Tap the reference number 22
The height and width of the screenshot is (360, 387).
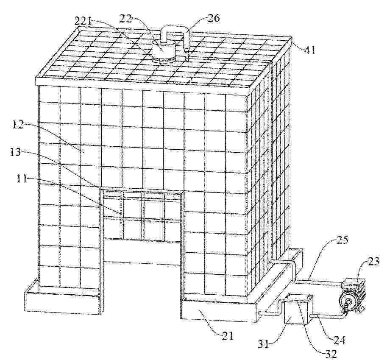[126, 19]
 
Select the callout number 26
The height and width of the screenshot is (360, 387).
[213, 19]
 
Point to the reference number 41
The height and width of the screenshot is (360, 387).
[310, 50]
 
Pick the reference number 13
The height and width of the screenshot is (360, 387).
[15, 152]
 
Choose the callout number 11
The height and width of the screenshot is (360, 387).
[22, 179]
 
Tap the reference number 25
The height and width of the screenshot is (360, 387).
[342, 240]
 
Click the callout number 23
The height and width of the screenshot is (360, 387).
[373, 261]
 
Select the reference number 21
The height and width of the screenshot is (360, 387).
[227, 336]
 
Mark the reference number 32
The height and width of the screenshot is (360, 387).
[331, 354]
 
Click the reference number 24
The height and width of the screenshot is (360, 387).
[340, 340]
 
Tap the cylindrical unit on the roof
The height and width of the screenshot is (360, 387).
[163, 51]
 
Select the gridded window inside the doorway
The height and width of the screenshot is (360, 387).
[142, 216]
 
